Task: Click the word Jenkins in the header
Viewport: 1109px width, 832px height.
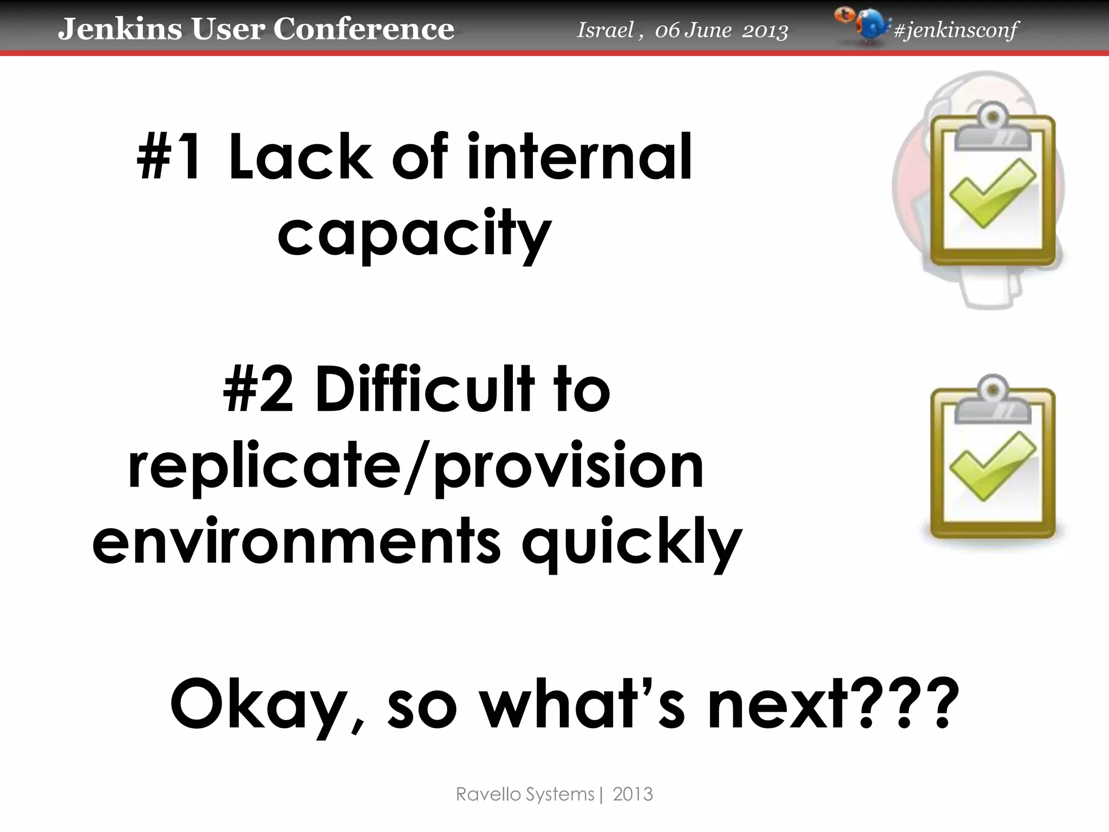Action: pos(120,29)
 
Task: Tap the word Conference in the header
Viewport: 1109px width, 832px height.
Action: pos(363,29)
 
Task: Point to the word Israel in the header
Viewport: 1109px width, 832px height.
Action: pos(605,30)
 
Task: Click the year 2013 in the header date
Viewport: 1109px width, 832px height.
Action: pos(765,31)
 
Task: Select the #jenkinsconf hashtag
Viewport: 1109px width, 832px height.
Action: pos(956,30)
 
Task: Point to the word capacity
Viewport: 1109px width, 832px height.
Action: pos(415,234)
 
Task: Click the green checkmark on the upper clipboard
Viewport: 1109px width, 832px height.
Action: pos(992,194)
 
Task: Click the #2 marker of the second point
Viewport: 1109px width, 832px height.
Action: pos(259,389)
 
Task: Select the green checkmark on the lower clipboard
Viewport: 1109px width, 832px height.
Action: pos(992,467)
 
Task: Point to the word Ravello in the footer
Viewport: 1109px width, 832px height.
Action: pos(490,794)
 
